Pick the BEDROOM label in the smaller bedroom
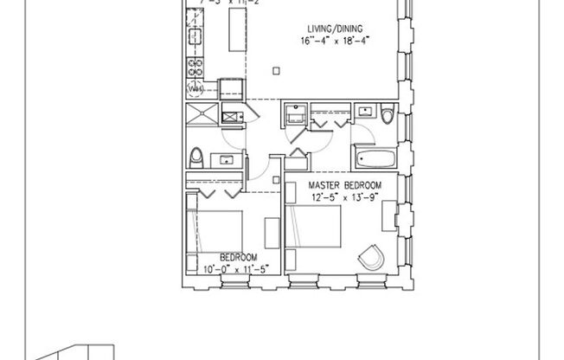point(237,258)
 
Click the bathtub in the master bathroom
point(373,158)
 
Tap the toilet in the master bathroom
point(386,115)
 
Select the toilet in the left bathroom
point(196,157)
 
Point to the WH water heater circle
point(195,88)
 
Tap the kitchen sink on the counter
point(195,37)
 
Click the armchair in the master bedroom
point(372,256)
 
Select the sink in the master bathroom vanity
point(365,112)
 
